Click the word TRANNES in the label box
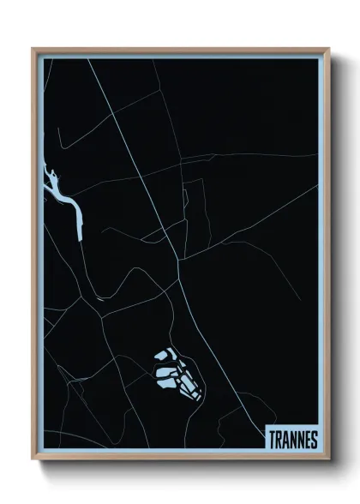293,440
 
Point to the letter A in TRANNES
287,440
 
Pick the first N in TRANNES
294,440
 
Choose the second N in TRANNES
301,440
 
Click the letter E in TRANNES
308,440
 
